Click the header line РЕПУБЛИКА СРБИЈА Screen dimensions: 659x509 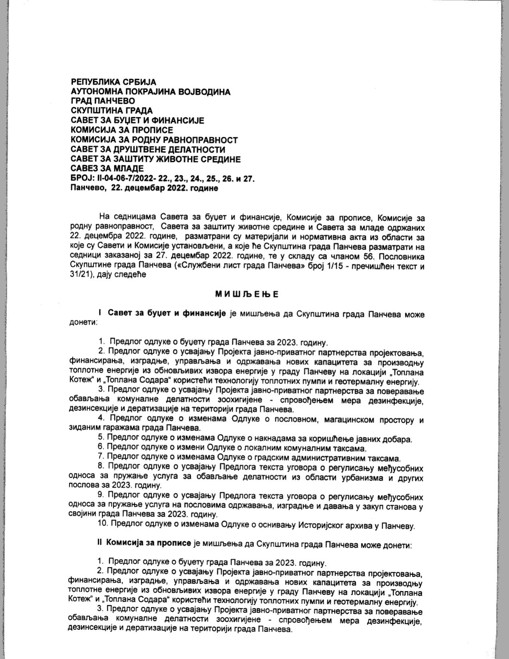(113, 82)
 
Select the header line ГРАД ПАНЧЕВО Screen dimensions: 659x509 (103, 101)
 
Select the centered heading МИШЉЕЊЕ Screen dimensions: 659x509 (247, 295)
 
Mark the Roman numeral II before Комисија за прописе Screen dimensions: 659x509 (100, 545)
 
